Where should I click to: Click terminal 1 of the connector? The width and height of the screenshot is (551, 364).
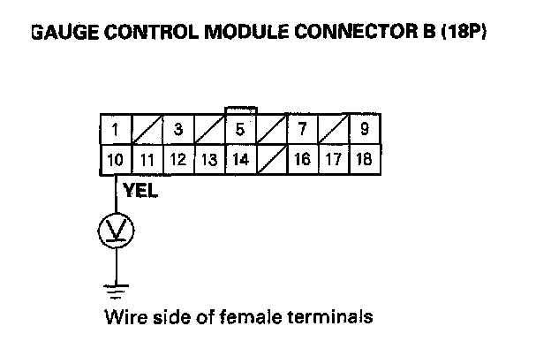(115, 130)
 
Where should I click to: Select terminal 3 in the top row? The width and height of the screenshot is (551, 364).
(177, 130)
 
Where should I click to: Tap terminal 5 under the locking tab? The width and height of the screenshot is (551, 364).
(240, 130)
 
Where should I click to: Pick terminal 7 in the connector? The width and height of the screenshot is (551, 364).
(302, 130)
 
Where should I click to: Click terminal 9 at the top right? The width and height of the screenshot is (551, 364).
(364, 130)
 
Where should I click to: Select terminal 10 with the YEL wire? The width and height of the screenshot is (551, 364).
(115, 160)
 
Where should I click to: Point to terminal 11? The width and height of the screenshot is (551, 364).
(147, 160)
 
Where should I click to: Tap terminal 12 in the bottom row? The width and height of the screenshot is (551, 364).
(177, 160)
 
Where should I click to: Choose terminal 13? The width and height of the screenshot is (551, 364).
(208, 160)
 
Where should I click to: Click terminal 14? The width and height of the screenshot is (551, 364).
(240, 160)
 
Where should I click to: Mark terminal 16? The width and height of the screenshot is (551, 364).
(302, 160)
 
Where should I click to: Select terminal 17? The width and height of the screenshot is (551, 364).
(333, 160)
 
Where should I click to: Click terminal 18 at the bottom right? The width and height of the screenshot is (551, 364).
(364, 160)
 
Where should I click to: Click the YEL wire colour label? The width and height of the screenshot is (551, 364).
(142, 188)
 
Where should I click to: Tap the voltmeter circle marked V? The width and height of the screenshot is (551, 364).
(116, 231)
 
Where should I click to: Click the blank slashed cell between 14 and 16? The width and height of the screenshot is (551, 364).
(271, 160)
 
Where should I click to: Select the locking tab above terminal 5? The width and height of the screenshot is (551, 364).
(240, 110)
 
